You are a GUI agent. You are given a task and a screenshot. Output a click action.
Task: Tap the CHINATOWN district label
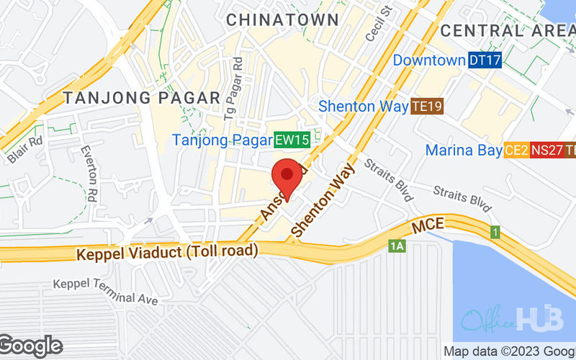coord(282,19)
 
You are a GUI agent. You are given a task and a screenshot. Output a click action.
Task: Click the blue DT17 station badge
coord(485,60)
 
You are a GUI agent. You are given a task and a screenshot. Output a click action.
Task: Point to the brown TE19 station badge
coord(426,107)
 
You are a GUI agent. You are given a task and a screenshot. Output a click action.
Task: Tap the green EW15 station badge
coord(292,140)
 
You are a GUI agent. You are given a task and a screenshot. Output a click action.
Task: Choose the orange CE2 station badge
coord(516,150)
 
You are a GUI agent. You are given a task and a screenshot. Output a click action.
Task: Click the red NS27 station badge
coord(547,150)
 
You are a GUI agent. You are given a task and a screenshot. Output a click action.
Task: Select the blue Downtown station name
coord(429,60)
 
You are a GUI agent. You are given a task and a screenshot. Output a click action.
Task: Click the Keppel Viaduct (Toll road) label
coord(167,252)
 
